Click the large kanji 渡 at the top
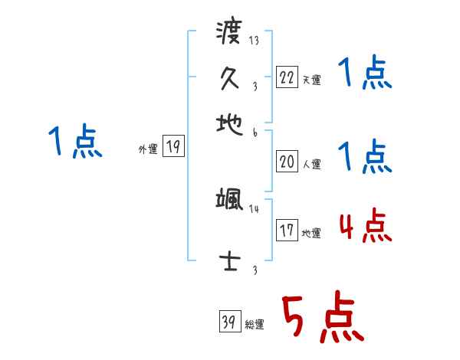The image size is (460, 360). point(228,34)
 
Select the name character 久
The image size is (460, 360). point(229,78)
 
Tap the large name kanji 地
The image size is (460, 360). point(228,122)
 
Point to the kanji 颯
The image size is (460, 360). point(229,201)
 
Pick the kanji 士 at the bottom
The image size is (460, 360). point(228,261)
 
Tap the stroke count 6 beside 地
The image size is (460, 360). point(254,133)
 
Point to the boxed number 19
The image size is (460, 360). point(173,147)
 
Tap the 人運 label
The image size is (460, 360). point(311,164)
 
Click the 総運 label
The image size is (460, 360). point(255,325)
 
